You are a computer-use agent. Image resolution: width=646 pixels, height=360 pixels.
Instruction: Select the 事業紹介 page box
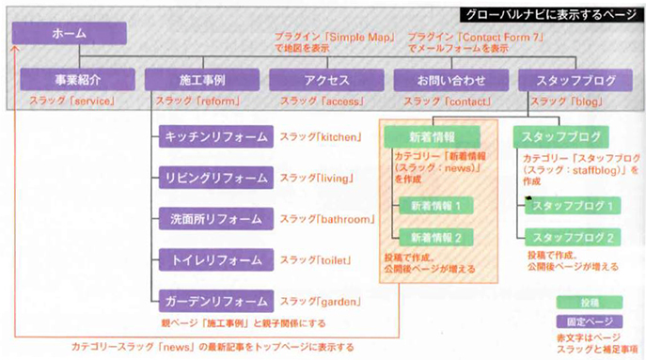72,81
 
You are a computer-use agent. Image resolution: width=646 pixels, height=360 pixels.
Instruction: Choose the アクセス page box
323,81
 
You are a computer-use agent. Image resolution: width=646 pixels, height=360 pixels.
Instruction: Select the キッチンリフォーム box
216,136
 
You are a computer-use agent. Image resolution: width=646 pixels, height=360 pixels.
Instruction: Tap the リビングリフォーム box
216,177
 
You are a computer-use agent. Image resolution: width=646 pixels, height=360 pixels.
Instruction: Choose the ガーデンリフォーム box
216,302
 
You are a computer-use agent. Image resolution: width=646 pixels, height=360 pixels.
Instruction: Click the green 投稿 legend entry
589,302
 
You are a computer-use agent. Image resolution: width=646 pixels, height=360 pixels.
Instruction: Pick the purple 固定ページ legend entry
589,320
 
